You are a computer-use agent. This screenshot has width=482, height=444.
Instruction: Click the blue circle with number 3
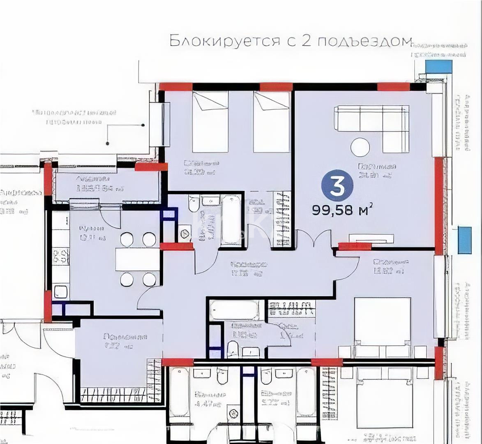(337, 186)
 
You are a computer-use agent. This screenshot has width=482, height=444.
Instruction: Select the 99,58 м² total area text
(342, 210)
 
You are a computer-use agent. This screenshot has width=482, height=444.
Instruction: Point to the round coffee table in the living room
(360, 147)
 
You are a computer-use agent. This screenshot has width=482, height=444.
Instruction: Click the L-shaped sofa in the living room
(372, 123)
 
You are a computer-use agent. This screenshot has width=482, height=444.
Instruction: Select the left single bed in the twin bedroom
(210, 122)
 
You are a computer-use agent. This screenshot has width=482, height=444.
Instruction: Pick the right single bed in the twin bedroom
(271, 122)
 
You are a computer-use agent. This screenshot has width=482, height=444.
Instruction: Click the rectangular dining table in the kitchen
(137, 259)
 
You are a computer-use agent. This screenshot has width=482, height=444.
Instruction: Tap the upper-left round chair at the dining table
(127, 239)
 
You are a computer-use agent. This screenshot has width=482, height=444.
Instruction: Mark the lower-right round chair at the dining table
(149, 280)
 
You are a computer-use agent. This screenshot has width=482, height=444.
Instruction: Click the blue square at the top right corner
(438, 66)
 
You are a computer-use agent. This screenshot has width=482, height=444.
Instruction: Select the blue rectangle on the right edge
(464, 240)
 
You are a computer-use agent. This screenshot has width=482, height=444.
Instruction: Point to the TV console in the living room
(371, 238)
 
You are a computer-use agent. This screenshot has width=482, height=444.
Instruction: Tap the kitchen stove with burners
(60, 256)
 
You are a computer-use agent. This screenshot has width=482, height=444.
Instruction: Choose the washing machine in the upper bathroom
(185, 234)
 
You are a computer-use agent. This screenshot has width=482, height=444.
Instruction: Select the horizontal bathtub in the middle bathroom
(235, 310)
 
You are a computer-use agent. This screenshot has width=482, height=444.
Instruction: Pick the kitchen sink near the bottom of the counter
(61, 291)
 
